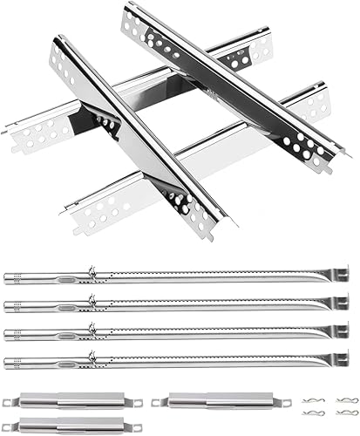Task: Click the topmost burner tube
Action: tap(174, 276)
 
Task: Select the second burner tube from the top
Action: tap(174, 304)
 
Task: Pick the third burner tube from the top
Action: tap(174, 332)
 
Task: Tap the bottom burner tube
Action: tap(174, 359)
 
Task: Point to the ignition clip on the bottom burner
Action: tap(90, 353)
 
